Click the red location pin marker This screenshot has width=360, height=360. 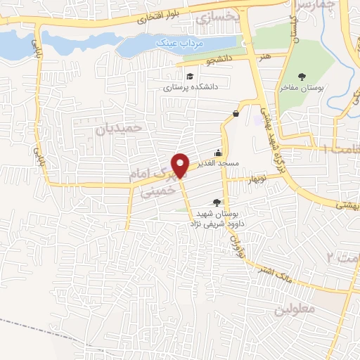181,165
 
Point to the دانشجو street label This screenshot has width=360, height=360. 220,63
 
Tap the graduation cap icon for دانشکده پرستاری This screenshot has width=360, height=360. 190,77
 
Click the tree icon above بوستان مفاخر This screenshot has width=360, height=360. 303,77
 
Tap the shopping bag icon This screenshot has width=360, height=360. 235,113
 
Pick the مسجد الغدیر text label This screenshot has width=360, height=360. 220,163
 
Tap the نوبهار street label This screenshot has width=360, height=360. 257,179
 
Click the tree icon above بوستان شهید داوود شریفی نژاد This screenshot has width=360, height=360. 216,202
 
